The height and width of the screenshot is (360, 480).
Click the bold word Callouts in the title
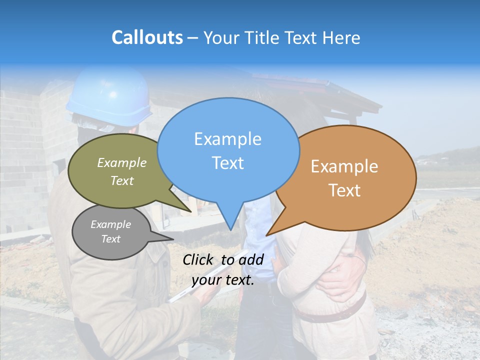coord(147,37)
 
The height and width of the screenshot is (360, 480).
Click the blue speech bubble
coord(228,150)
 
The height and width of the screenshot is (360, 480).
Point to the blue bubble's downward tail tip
coord(230,230)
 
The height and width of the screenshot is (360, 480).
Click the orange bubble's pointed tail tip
coord(267,235)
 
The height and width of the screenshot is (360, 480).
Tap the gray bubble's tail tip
coord(173,239)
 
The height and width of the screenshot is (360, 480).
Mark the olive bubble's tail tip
coord(191,211)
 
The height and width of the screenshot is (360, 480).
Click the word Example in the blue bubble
coord(227,138)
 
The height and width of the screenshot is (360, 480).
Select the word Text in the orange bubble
coord(345,190)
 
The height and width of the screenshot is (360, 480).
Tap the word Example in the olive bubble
coord(122,162)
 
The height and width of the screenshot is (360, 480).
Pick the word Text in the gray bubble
coord(111,239)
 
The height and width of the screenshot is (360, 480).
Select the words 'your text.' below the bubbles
coord(223,280)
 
